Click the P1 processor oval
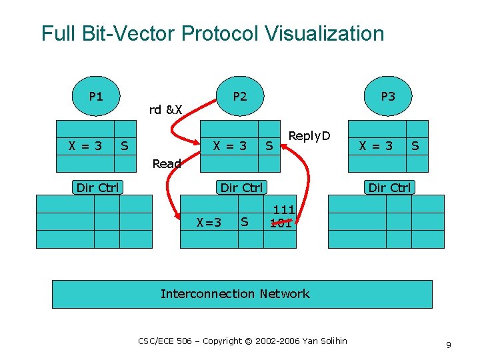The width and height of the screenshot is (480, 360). pyautogui.click(x=96, y=97)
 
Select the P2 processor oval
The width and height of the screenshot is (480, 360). pyautogui.click(x=240, y=97)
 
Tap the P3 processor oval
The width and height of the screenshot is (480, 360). pyautogui.click(x=388, y=97)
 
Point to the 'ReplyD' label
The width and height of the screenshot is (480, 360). pyautogui.click(x=309, y=136)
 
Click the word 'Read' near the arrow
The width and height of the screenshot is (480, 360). pyautogui.click(x=167, y=163)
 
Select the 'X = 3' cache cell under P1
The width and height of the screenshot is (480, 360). pyautogui.click(x=85, y=145)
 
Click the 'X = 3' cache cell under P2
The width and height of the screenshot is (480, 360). pyautogui.click(x=229, y=145)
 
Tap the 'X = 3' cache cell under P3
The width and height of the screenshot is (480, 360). pyautogui.click(x=377, y=145)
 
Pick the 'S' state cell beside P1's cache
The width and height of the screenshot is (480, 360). pyautogui.click(x=125, y=145)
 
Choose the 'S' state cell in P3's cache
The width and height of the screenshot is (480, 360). pyautogui.click(x=415, y=145)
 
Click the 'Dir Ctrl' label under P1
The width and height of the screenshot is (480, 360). pyautogui.click(x=97, y=187)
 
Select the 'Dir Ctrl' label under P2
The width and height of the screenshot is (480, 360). pyautogui.click(x=242, y=187)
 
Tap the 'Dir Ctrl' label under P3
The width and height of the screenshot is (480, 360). pyautogui.click(x=390, y=187)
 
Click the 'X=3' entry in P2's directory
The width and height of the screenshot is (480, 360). pyautogui.click(x=209, y=222)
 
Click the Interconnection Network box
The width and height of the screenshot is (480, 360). pyautogui.click(x=242, y=294)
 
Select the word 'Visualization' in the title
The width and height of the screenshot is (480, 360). pyautogui.click(x=316, y=33)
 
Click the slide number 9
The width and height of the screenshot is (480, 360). pyautogui.click(x=449, y=345)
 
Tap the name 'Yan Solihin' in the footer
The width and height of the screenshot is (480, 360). pyautogui.click(x=325, y=341)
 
